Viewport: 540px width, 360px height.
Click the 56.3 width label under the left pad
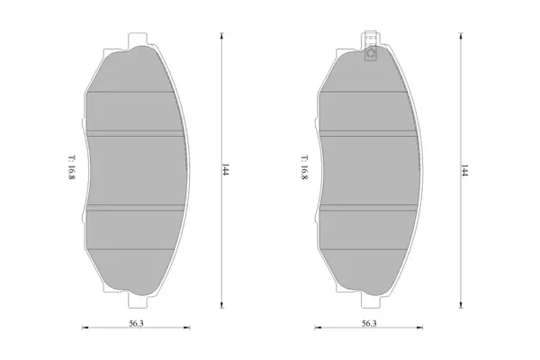[137, 323]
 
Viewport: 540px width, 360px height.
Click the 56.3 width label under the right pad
[369, 323]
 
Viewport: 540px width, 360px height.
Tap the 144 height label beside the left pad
[226, 170]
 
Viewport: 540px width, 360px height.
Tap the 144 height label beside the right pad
[464, 170]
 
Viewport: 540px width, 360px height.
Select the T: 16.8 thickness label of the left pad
[72, 167]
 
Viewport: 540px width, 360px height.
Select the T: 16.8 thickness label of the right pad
[304, 167]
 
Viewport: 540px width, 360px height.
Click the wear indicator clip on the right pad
[371, 47]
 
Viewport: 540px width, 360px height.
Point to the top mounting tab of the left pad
[138, 40]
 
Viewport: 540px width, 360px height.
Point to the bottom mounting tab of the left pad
[138, 301]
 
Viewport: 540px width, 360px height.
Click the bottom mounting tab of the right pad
[371, 301]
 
